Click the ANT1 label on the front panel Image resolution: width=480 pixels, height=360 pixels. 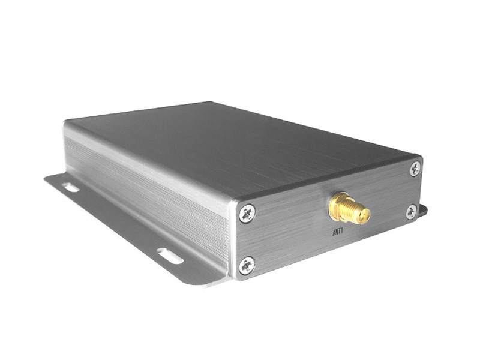[338, 232]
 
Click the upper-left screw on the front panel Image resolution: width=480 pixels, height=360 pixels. [247, 213]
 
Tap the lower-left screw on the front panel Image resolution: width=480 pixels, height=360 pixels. [247, 265]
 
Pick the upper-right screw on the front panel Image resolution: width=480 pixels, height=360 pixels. [415, 169]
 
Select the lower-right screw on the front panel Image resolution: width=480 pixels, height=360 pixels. [411, 212]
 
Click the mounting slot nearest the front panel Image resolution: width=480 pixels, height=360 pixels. [170, 256]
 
